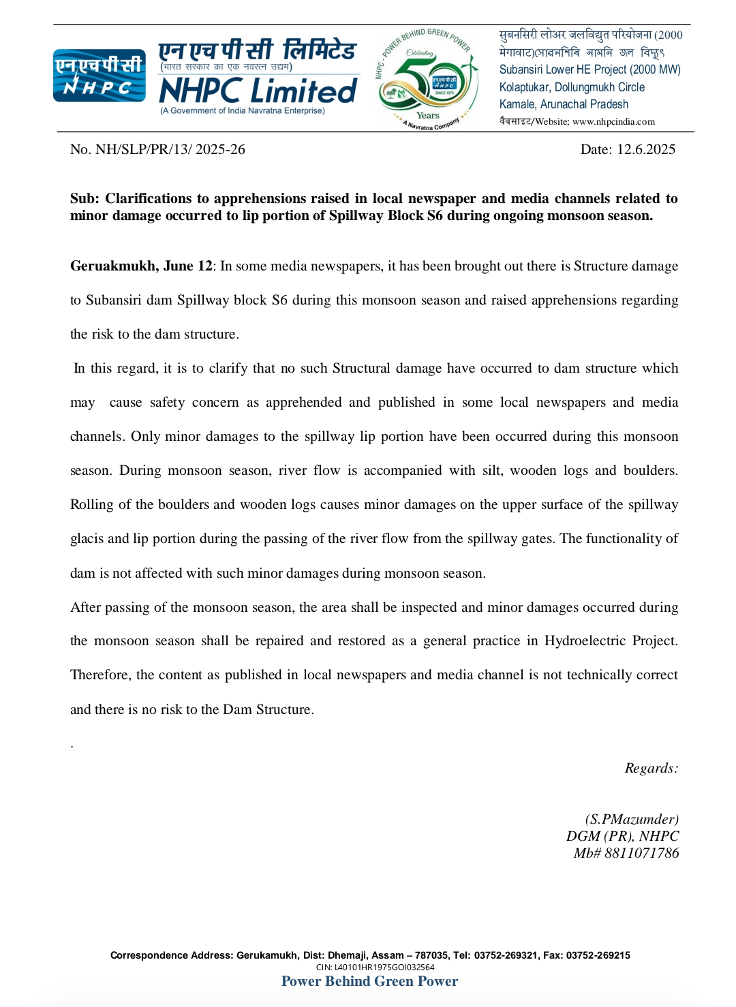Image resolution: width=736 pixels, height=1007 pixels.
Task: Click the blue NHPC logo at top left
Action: click(x=99, y=76)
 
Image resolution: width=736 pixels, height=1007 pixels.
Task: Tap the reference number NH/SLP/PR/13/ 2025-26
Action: click(x=170, y=150)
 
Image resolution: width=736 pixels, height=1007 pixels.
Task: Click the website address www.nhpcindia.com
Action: click(x=613, y=122)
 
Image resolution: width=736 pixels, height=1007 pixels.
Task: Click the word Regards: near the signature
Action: click(x=651, y=769)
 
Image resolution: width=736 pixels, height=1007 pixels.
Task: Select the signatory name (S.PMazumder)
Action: click(x=632, y=819)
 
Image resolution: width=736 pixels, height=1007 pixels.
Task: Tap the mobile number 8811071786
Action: click(x=641, y=853)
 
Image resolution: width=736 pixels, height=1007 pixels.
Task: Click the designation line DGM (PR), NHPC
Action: click(x=622, y=836)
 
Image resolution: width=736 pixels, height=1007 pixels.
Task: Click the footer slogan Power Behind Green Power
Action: click(x=369, y=981)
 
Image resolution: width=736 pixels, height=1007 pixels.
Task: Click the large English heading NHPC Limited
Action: click(x=258, y=91)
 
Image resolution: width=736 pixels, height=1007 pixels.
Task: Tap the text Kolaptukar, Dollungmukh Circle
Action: click(x=572, y=87)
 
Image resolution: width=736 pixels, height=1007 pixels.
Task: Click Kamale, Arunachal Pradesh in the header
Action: click(x=564, y=104)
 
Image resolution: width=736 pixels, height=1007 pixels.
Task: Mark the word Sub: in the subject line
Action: click(x=85, y=199)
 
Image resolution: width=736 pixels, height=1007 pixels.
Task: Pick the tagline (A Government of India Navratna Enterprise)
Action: click(x=243, y=111)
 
